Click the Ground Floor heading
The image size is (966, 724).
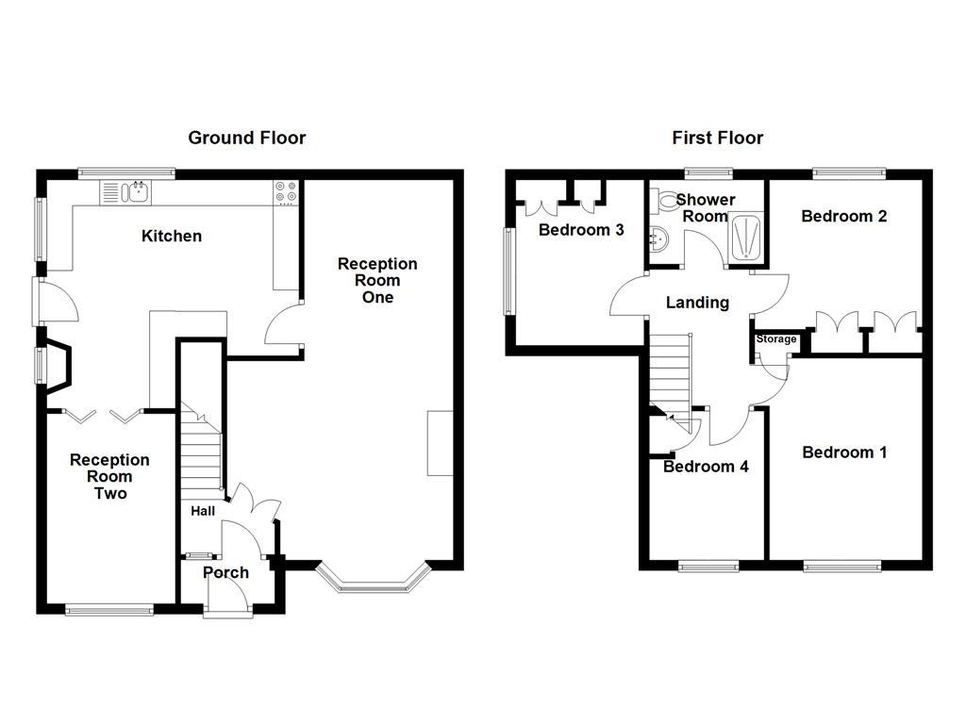[246, 138]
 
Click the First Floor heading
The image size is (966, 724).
[718, 138]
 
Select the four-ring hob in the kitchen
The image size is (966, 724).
[286, 191]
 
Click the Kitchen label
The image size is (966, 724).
[172, 236]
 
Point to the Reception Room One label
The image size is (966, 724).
[377, 280]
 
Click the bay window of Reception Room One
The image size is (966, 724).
[373, 580]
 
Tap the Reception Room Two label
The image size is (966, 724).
[109, 476]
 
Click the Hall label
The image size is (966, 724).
[203, 511]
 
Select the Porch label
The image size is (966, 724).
[226, 572]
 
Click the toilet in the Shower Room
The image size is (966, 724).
[663, 200]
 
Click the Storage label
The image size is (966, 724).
[776, 338]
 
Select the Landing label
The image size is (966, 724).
[697, 303]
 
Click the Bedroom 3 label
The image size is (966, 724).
[581, 230]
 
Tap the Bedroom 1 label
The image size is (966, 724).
[844, 452]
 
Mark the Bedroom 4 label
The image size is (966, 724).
[706, 467]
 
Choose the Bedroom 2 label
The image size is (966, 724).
[844, 216]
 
